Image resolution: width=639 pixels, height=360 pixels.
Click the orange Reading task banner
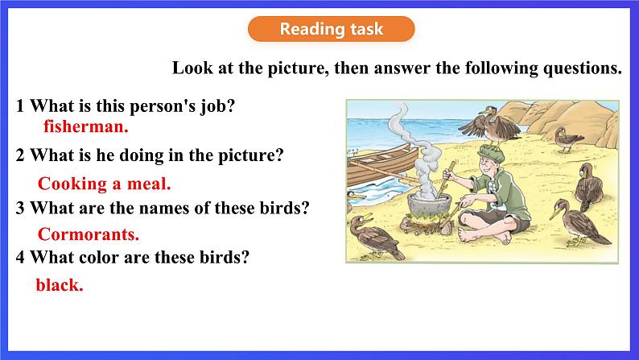click(x=332, y=29)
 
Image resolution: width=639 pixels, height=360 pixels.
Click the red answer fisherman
click(x=86, y=126)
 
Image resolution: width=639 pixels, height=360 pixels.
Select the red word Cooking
click(x=72, y=184)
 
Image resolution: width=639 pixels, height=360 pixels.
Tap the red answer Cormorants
click(x=89, y=234)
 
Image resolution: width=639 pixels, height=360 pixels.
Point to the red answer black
click(x=60, y=285)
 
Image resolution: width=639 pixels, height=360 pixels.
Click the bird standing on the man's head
click(x=491, y=126)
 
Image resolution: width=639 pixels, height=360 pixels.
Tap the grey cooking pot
click(x=430, y=209)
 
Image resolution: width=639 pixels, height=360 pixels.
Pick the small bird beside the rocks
click(x=567, y=139)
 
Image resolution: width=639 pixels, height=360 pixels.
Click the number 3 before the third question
click(x=20, y=209)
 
